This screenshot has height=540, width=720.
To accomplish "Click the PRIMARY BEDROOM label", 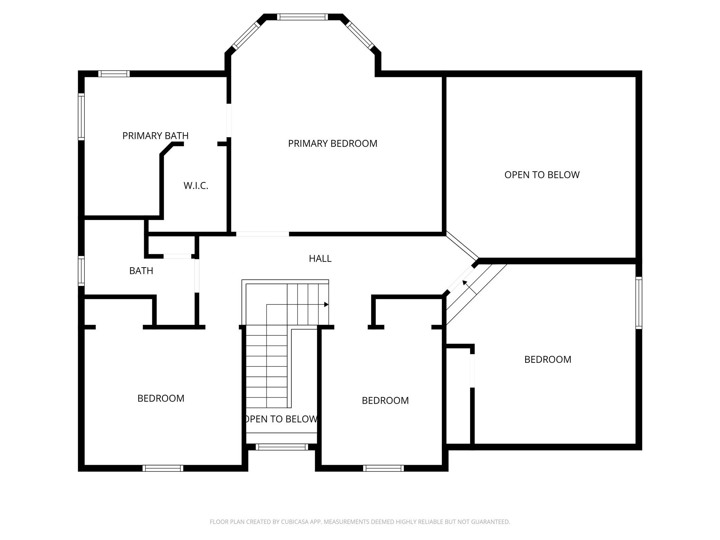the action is [x=333, y=143].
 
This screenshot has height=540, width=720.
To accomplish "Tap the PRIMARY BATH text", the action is [x=155, y=136].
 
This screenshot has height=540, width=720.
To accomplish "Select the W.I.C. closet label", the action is [x=196, y=186].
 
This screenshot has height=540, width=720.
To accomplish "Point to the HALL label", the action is [x=320, y=258].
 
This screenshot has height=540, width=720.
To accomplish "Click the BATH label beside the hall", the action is [x=141, y=271].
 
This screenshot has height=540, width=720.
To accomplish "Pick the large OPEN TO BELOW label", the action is [x=542, y=175].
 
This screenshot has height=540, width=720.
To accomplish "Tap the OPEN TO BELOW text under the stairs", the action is [x=281, y=419].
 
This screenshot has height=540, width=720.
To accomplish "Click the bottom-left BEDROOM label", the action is [x=161, y=398].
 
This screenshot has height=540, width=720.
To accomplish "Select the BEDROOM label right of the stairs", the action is [x=385, y=400].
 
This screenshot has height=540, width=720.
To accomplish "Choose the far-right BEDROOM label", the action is [x=548, y=359].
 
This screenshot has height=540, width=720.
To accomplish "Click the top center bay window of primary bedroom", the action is [x=302, y=17].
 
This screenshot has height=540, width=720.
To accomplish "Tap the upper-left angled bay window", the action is [x=246, y=36].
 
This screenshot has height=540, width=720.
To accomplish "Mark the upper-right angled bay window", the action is [x=360, y=35].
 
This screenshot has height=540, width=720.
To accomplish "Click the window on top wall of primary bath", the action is [x=114, y=74].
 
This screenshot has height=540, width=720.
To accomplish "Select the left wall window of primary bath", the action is [x=81, y=117].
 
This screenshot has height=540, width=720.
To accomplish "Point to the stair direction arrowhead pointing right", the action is [x=326, y=304].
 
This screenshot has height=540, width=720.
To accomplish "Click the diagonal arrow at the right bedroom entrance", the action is [x=469, y=287].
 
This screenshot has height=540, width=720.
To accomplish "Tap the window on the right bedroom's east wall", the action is [x=639, y=303].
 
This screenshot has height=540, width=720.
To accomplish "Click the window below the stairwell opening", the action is [x=282, y=447].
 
